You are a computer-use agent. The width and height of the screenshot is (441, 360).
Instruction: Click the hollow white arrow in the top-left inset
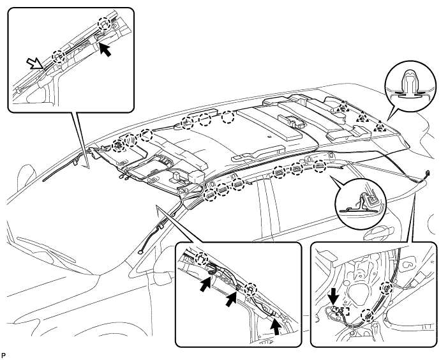(35, 63)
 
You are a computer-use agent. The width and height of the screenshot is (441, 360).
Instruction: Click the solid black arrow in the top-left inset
(105, 50)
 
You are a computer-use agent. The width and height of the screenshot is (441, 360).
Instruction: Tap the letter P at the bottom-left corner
(3, 356)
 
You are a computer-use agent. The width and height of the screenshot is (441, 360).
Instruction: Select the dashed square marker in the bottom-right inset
(343, 311)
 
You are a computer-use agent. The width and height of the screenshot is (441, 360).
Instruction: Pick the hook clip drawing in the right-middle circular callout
(363, 202)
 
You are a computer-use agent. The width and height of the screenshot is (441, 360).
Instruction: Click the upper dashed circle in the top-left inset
(104, 23)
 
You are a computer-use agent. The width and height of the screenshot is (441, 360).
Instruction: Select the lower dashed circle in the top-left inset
(59, 56)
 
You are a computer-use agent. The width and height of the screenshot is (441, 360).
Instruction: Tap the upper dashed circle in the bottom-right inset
(386, 288)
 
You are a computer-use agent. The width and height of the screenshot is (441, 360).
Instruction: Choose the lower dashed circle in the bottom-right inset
(368, 315)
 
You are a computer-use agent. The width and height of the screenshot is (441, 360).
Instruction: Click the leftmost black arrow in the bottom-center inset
(206, 284)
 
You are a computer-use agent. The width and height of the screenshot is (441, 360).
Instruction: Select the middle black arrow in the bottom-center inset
(232, 300)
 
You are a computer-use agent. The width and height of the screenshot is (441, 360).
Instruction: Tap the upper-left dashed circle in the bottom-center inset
(202, 259)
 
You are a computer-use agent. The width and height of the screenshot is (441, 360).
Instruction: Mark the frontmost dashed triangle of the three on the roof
(343, 107)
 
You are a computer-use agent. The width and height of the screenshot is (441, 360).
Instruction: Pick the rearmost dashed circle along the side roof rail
(320, 166)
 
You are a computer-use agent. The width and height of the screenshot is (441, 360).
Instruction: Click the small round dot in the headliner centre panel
(269, 137)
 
